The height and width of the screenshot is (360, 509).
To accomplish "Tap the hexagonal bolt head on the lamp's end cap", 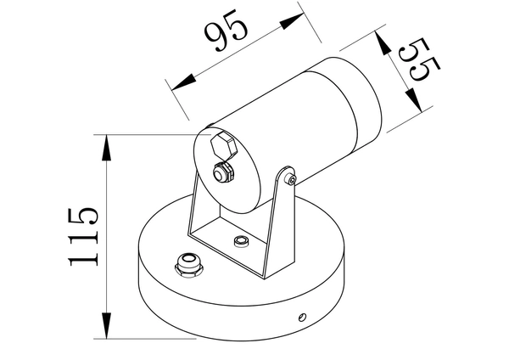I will (222, 146).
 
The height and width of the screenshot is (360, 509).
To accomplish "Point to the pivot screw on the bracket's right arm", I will (291, 179).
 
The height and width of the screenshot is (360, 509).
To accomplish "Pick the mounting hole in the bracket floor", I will (242, 243).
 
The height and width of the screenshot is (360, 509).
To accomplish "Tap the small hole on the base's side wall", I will (301, 318).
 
